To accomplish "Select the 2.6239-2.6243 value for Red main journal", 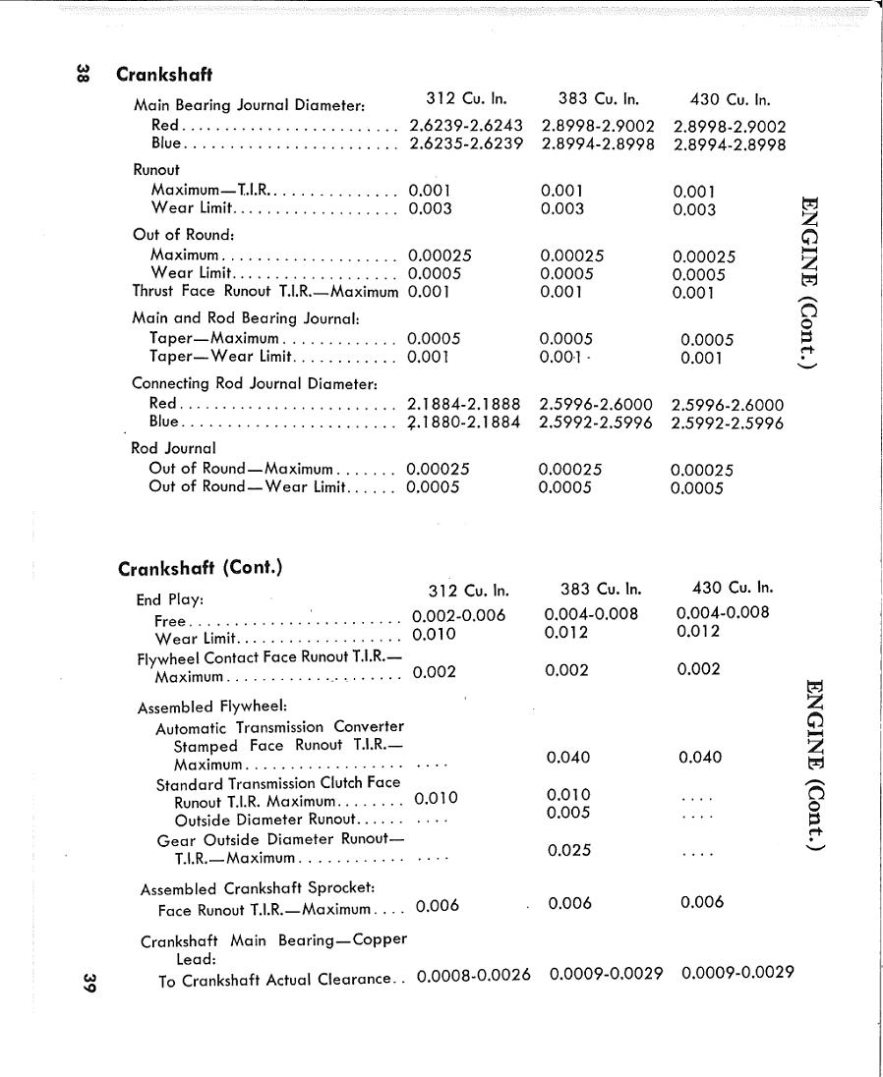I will click(465, 126).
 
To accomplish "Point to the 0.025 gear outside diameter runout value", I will click(569, 850).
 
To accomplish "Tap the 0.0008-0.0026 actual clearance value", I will click(474, 975).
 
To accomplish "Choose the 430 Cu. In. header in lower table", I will click(733, 589).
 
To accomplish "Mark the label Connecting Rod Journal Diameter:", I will click(256, 382).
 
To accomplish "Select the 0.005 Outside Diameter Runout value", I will click(569, 813).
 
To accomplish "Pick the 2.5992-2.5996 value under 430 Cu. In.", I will click(727, 424).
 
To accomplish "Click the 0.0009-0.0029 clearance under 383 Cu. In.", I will click(606, 974).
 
